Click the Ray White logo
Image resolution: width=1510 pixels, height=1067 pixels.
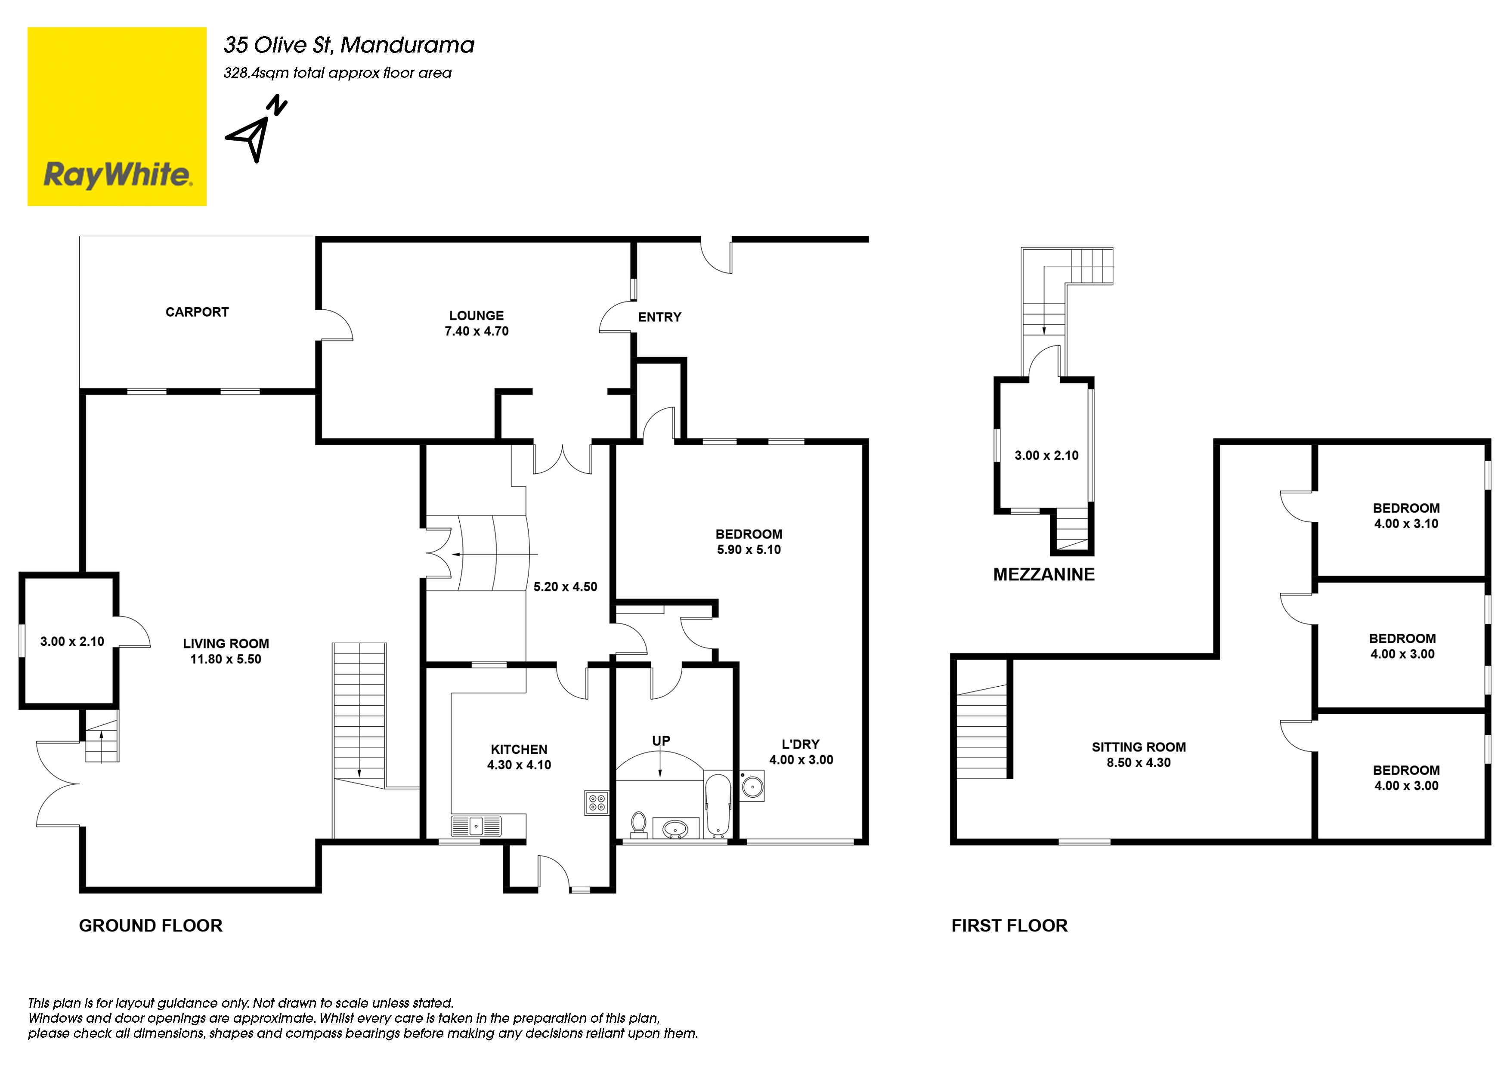(x=117, y=116)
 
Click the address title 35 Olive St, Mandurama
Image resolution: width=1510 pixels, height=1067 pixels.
(x=349, y=45)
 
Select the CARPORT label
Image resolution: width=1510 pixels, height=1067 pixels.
(x=197, y=312)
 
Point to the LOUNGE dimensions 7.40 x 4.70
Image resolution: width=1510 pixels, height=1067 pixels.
(x=477, y=331)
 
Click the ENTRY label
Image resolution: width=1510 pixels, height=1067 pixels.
(x=659, y=317)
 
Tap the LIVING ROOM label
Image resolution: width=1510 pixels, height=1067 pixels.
(x=226, y=644)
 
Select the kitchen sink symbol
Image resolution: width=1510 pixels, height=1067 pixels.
(x=476, y=826)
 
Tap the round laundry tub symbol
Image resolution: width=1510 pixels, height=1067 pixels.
(x=752, y=786)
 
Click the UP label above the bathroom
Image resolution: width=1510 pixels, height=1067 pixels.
(x=661, y=741)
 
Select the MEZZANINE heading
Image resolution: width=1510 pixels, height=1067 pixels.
(x=1044, y=575)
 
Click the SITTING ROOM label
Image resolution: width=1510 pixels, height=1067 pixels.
(x=1139, y=747)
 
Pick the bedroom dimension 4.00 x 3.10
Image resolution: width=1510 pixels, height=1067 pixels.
(x=1406, y=524)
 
